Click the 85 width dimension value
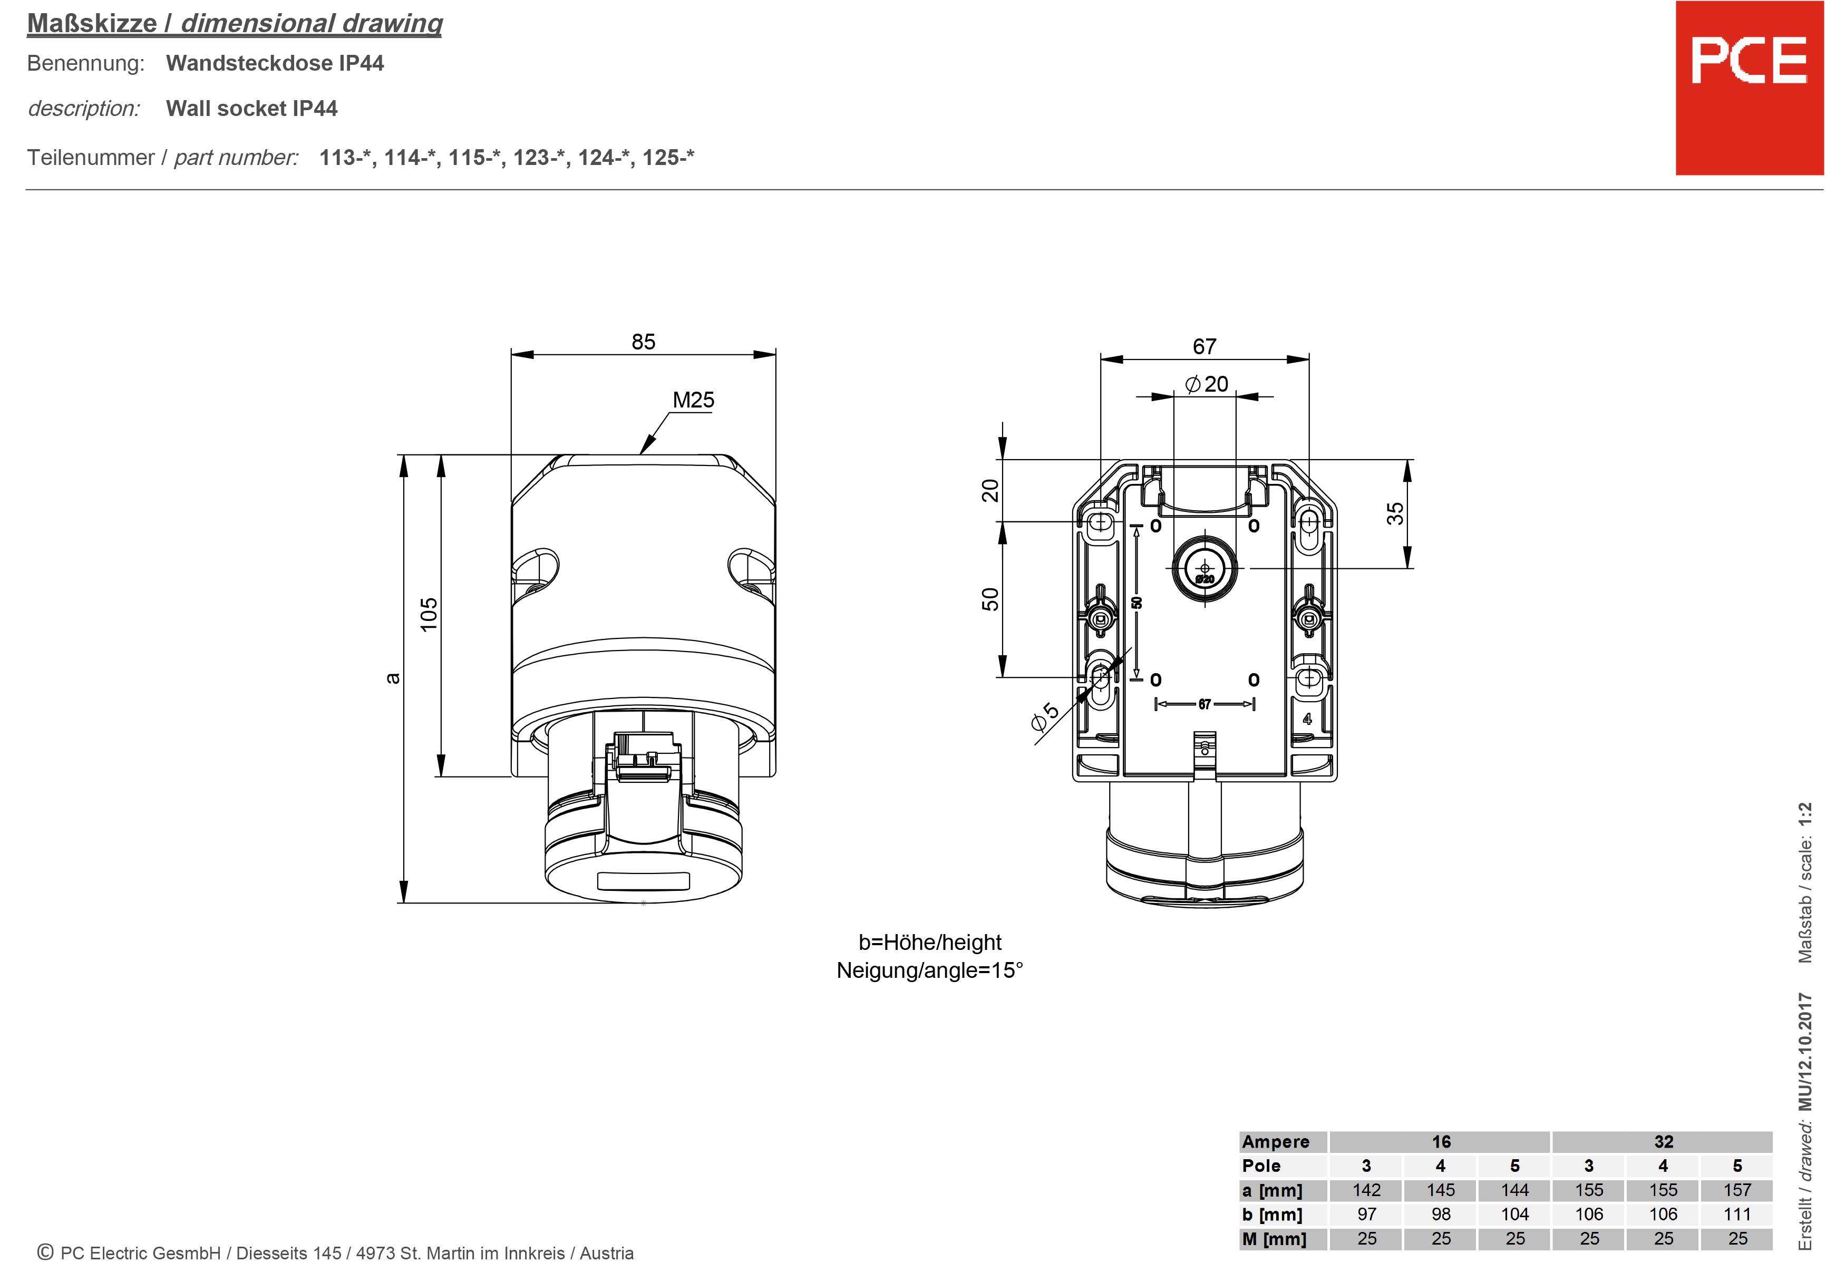click(x=644, y=342)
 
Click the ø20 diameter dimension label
click(x=1207, y=384)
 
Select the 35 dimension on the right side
click(x=1395, y=513)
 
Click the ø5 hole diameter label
click(x=1045, y=715)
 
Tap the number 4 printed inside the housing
click(x=1307, y=719)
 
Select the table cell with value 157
click(x=1737, y=1190)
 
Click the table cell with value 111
click(x=1737, y=1214)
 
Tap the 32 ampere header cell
click(x=1663, y=1142)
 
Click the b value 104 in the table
click(x=1514, y=1214)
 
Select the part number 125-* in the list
click(x=667, y=158)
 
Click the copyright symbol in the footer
click(x=45, y=1252)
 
